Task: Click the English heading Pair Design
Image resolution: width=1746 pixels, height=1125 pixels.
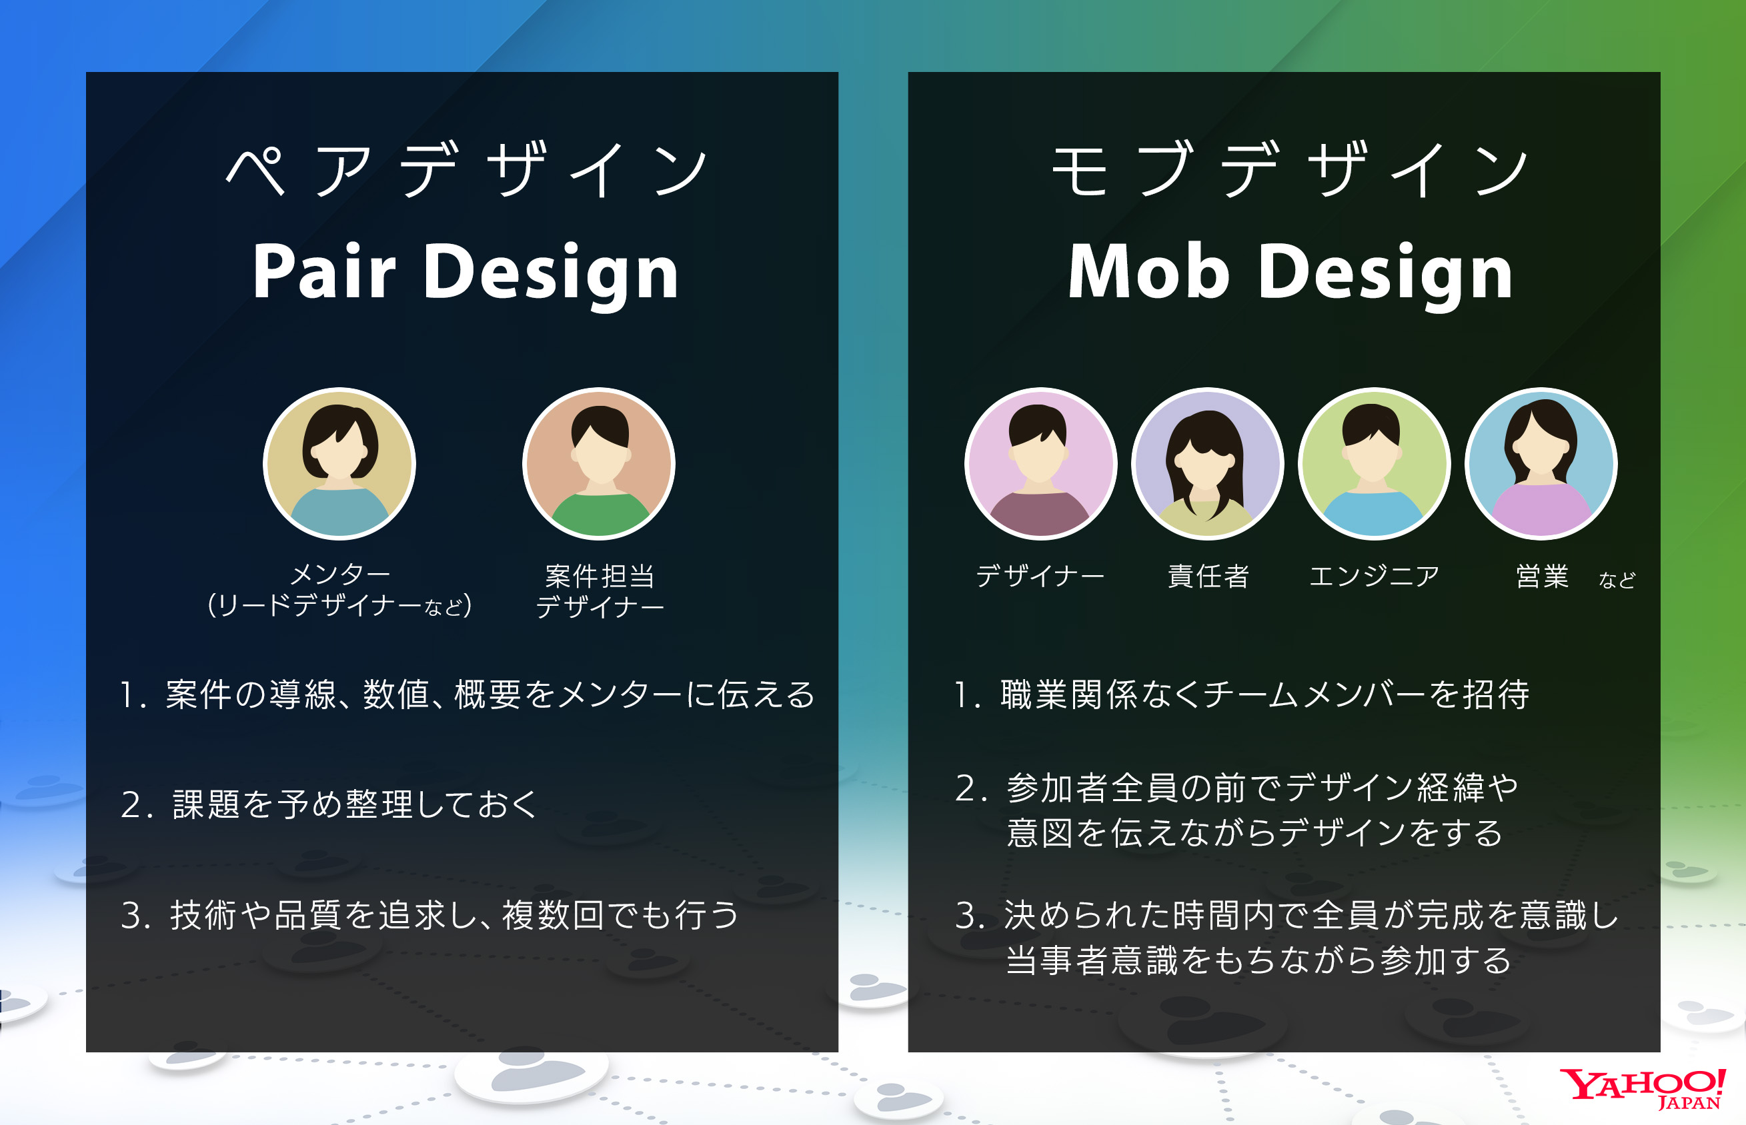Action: point(466,272)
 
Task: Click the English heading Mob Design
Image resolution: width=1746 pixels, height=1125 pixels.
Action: point(1290,272)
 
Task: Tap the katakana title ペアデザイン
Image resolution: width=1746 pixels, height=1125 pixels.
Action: point(466,169)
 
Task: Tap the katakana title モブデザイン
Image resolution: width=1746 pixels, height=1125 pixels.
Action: point(1290,169)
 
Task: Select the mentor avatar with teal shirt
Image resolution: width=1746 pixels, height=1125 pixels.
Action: point(339,464)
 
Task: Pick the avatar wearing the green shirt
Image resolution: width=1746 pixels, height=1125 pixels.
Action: point(599,464)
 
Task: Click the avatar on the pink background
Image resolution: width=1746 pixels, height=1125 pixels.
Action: point(1040,464)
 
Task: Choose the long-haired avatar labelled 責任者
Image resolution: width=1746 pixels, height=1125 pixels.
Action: point(1207,464)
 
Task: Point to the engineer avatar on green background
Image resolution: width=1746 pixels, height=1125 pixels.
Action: point(1374,464)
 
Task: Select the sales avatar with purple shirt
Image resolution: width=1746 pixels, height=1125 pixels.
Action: point(1541,464)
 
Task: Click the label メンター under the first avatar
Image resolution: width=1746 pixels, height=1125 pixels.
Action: point(340,575)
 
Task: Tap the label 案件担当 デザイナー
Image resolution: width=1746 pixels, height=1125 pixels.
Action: point(600,591)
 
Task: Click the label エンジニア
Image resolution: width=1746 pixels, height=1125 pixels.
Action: point(1374,576)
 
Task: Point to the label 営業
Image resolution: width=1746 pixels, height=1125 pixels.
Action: point(1542,576)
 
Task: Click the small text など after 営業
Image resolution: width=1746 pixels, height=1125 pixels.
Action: point(1616,580)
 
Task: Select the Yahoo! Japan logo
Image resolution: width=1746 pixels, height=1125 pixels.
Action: point(1642,1088)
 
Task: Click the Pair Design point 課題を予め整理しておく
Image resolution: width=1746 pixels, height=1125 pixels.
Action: point(354,804)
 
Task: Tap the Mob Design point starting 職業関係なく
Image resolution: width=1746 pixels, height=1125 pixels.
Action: point(1264,694)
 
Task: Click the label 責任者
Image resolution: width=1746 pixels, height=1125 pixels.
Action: point(1208,576)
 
